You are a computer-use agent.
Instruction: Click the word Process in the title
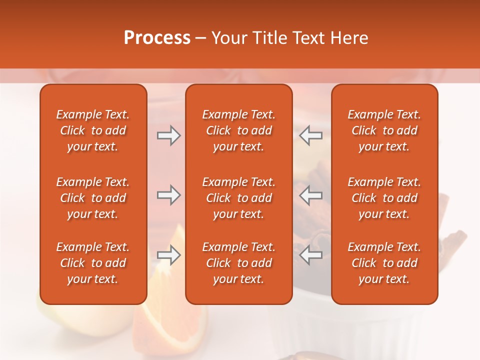(x=157, y=38)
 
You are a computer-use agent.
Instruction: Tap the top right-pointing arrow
(x=168, y=135)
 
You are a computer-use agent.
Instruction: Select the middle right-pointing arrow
(x=168, y=195)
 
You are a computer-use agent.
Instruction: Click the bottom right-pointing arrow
(x=168, y=255)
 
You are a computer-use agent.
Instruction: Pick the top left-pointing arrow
(x=311, y=135)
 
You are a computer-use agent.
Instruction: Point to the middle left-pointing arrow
(x=311, y=195)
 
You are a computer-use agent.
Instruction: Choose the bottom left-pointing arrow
(x=311, y=255)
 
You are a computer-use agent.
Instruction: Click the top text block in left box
(x=93, y=130)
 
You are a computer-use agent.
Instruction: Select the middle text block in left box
(x=93, y=198)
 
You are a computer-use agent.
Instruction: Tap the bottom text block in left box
(x=93, y=263)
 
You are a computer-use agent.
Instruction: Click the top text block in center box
(x=238, y=130)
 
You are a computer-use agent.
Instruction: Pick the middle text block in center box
(x=238, y=198)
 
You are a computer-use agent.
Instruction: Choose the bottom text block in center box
(x=238, y=263)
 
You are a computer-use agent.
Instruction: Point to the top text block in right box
(x=384, y=130)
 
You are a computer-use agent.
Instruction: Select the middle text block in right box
(x=384, y=198)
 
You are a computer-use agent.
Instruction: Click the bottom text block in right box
(x=384, y=263)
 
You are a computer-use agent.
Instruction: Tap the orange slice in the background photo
(x=170, y=320)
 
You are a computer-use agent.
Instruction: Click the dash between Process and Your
(x=200, y=38)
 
